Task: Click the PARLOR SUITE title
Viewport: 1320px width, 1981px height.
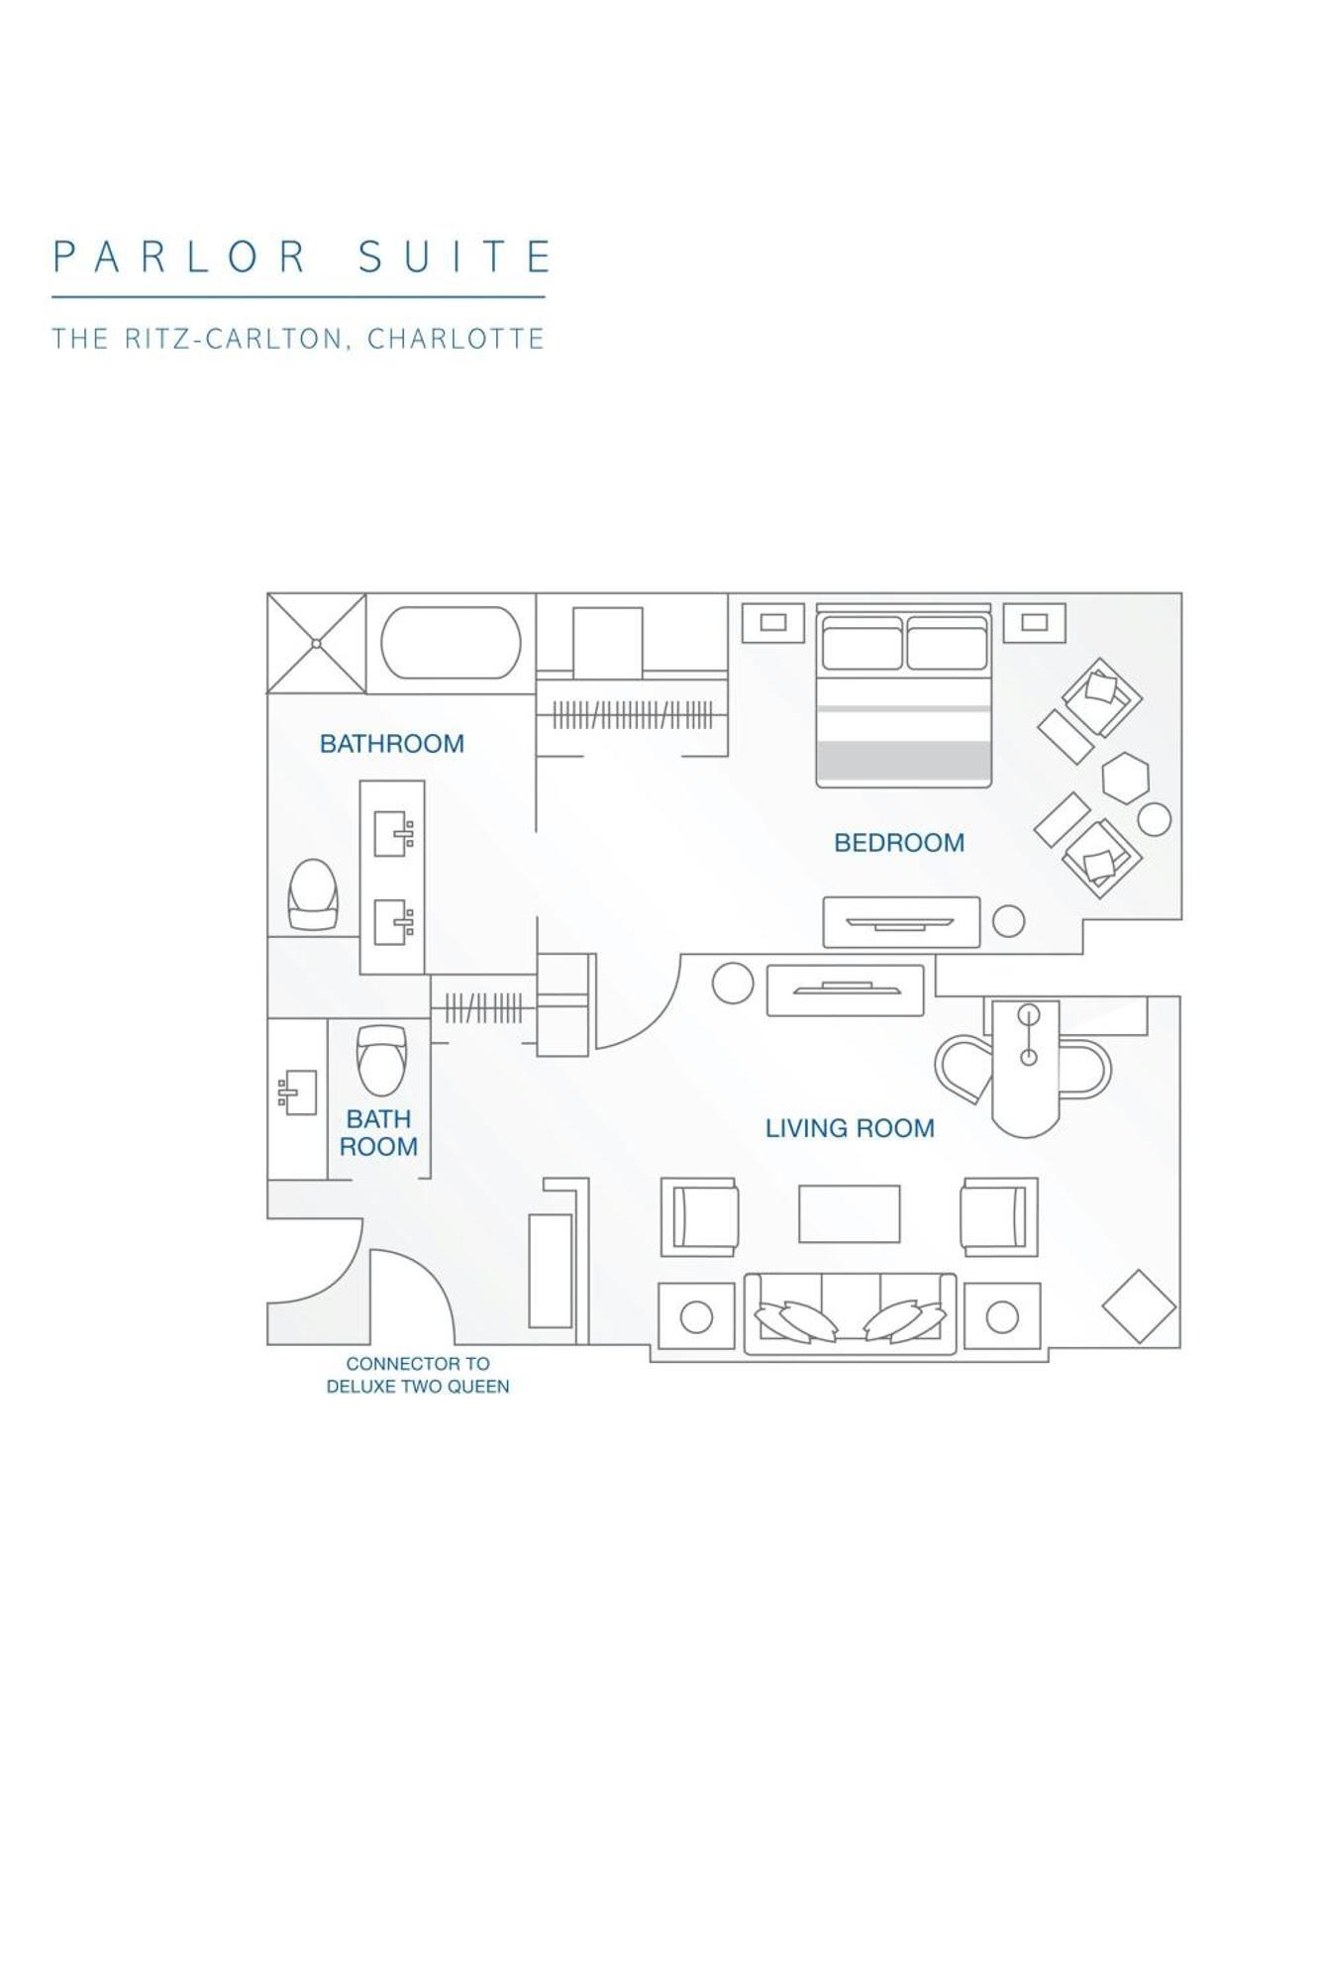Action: tap(300, 257)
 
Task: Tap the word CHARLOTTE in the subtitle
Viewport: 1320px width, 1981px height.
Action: tap(456, 339)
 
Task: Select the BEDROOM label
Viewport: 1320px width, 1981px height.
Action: tap(898, 843)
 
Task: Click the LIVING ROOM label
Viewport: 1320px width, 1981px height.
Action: tap(850, 1128)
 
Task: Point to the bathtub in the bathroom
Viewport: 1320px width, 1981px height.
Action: tap(451, 643)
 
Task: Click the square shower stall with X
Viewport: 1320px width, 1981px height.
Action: tap(316, 643)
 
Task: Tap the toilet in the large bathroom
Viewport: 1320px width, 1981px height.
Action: tap(313, 894)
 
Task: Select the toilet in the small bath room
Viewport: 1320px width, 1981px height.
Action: tap(381, 1059)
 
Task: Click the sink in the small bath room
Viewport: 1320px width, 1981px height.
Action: tap(298, 1092)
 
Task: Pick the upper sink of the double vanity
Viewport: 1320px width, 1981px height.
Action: tap(392, 833)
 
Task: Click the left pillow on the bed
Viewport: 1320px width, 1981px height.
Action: tap(862, 644)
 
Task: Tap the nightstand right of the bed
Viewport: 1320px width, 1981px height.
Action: tap(1034, 622)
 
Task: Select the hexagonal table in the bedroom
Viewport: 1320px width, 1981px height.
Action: tap(1125, 778)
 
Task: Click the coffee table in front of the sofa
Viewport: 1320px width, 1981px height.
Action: tap(849, 1213)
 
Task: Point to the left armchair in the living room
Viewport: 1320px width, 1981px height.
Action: tap(699, 1216)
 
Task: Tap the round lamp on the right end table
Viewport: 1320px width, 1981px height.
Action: tap(1002, 1316)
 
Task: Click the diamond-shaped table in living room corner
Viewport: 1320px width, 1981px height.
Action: tap(1139, 1306)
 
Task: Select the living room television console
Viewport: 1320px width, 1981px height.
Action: tap(845, 990)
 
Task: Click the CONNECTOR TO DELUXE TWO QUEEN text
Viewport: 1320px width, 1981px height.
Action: tap(418, 1375)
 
